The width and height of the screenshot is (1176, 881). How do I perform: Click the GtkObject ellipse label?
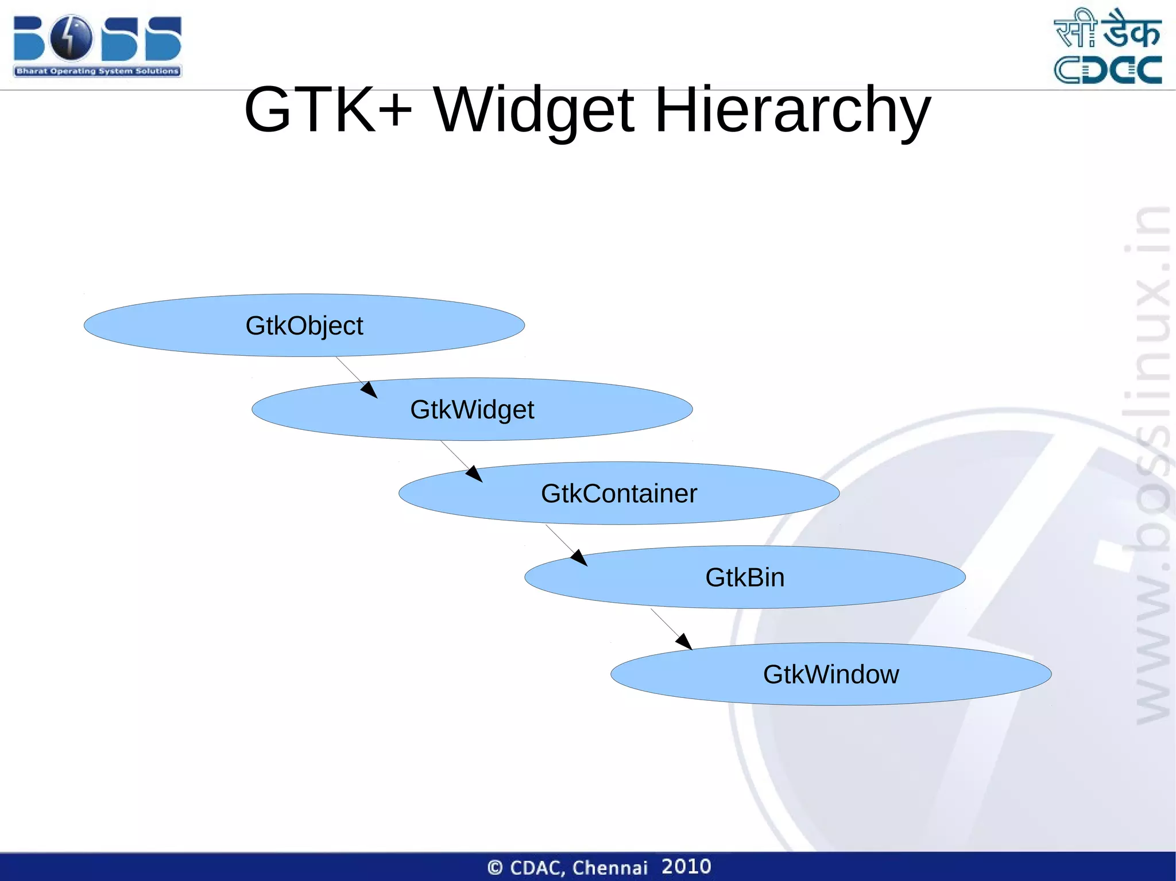point(304,325)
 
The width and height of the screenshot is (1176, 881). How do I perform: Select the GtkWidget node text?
point(472,409)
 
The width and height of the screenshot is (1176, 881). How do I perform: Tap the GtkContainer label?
point(618,493)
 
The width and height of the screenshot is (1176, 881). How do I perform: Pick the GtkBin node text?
point(744,577)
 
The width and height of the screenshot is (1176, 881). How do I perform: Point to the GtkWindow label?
point(830,674)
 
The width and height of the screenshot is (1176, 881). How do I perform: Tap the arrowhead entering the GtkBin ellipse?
point(580,558)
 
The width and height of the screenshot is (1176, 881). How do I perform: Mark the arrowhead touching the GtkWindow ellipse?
point(684,642)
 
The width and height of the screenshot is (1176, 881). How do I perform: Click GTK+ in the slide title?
point(327,109)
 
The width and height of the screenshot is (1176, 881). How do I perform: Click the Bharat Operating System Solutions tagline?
point(98,71)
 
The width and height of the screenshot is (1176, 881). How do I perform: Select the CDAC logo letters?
point(1108,70)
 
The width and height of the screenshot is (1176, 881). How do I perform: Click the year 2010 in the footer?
point(686,866)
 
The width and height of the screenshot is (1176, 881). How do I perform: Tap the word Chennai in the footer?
point(610,867)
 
